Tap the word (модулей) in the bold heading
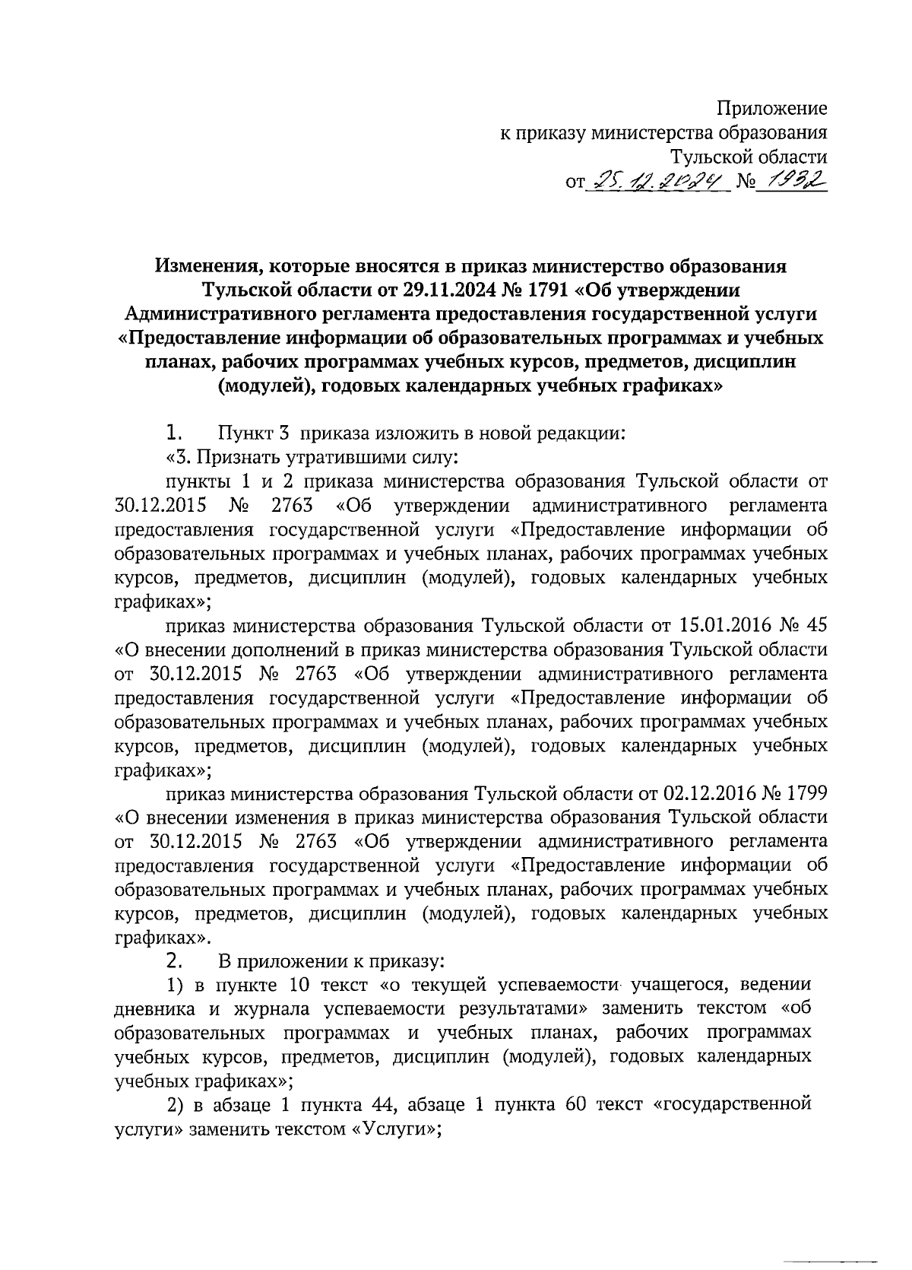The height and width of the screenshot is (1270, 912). coord(266,386)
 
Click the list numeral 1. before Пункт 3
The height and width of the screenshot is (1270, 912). coord(174,433)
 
